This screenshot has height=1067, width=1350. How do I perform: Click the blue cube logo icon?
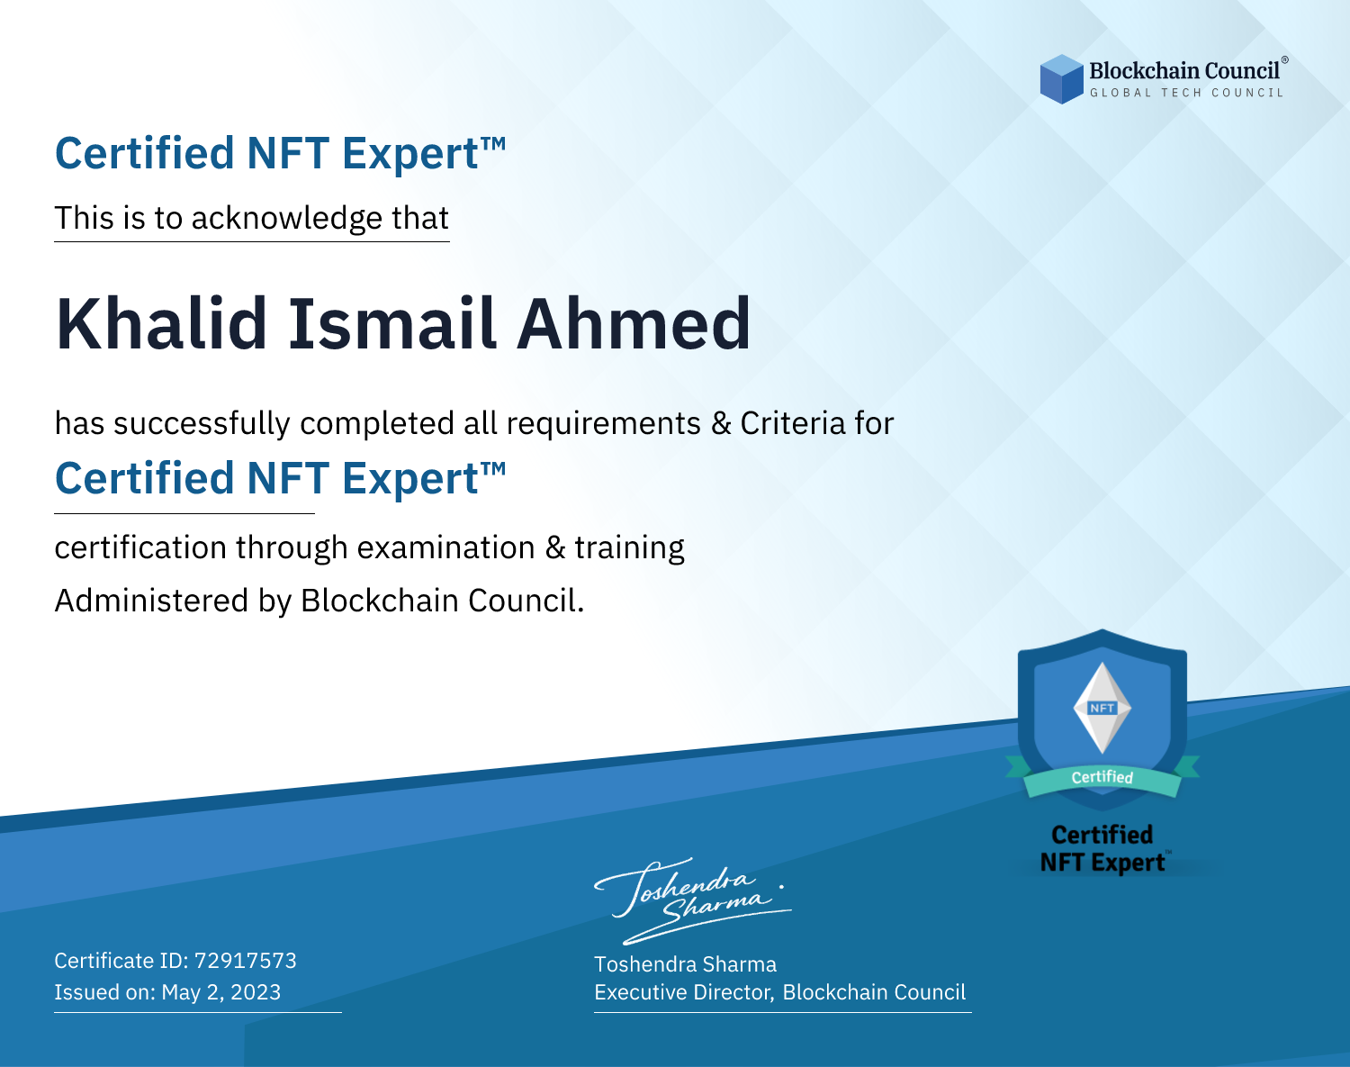pyautogui.click(x=1061, y=79)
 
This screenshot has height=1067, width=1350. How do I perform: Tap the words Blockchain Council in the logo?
pyautogui.click(x=1184, y=71)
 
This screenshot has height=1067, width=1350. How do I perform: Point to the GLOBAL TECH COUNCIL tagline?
pyautogui.click(x=1186, y=93)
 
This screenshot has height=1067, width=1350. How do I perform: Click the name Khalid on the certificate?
pyautogui.click(x=162, y=324)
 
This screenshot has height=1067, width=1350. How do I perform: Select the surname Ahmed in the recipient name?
pyautogui.click(x=634, y=324)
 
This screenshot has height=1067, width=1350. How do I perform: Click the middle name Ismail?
pyautogui.click(x=392, y=324)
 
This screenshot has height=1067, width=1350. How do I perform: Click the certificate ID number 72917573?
pyautogui.click(x=246, y=960)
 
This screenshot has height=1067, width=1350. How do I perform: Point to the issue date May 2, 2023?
pyautogui.click(x=220, y=992)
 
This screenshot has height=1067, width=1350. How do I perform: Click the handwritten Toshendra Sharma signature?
pyautogui.click(x=692, y=900)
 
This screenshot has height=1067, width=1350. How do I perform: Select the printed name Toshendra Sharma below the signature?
pyautogui.click(x=685, y=964)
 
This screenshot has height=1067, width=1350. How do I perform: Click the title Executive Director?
pyautogui.click(x=683, y=992)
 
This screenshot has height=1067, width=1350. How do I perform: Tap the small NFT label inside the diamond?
pyautogui.click(x=1102, y=708)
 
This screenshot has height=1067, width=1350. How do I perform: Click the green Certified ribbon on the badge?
pyautogui.click(x=1102, y=777)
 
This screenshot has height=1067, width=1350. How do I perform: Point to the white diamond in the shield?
pyautogui.click(x=1102, y=708)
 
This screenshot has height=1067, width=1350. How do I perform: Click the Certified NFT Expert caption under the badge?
pyautogui.click(x=1102, y=848)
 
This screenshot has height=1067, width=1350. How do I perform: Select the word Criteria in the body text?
pyautogui.click(x=792, y=423)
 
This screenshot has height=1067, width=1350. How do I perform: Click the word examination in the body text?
pyautogui.click(x=446, y=547)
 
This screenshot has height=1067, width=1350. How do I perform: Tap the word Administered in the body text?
pyautogui.click(x=151, y=601)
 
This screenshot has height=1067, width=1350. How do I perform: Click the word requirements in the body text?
pyautogui.click(x=604, y=424)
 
